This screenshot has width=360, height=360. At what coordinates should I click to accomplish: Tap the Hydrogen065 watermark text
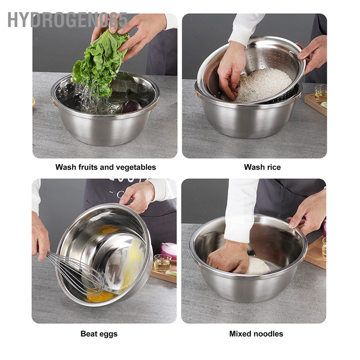pos(67,20)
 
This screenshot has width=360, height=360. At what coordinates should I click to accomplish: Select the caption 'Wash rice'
pos(262,167)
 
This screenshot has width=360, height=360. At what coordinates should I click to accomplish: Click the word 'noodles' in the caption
pos(270,334)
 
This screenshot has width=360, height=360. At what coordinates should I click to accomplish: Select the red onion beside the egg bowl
pos(169,250)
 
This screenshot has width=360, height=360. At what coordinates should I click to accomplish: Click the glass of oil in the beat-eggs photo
pos(162,263)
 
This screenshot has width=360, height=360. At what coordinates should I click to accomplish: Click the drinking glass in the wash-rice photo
pos(321,94)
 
